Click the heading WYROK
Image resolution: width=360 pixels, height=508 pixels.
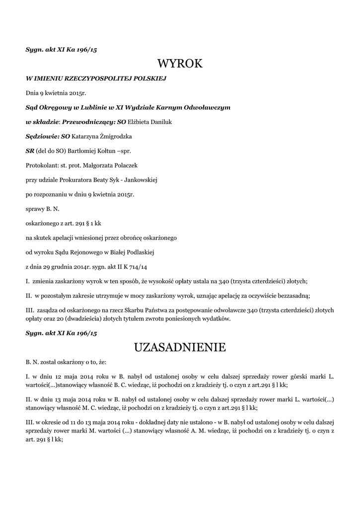click(x=180, y=63)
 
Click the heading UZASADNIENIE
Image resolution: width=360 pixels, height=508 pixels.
click(x=180, y=347)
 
